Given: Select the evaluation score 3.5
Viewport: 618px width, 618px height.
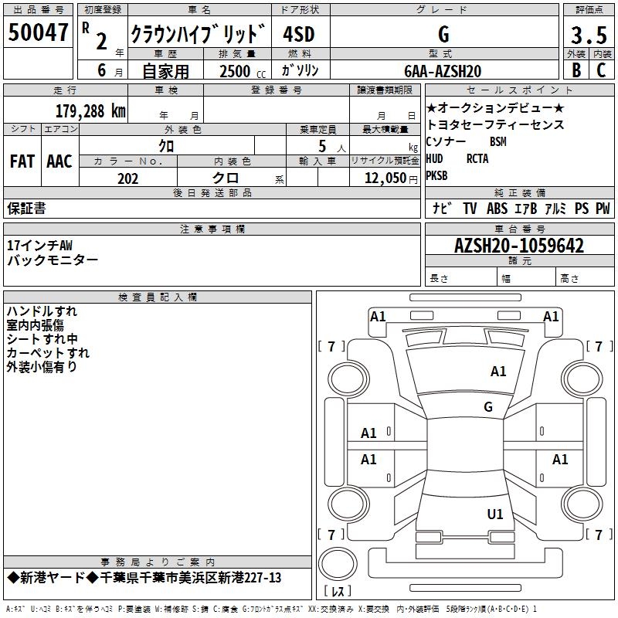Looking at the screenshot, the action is pyautogui.click(x=588, y=36).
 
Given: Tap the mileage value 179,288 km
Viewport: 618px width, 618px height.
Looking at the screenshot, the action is pyautogui.click(x=90, y=110).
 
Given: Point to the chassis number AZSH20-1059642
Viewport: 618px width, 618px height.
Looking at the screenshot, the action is pyautogui.click(x=519, y=246).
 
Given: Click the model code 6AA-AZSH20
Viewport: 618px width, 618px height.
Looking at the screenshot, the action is pyautogui.click(x=443, y=70).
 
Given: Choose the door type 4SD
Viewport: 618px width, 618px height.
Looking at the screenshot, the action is pyautogui.click(x=299, y=35).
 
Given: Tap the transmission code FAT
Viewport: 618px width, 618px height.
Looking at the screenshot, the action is pyautogui.click(x=22, y=161).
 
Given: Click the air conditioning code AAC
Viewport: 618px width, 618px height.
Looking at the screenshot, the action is pyautogui.click(x=59, y=161).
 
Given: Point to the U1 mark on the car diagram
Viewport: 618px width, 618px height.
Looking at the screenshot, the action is pyautogui.click(x=494, y=514).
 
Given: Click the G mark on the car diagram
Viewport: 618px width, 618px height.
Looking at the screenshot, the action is pyautogui.click(x=488, y=406).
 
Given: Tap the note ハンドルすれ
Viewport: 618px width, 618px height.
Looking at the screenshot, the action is pyautogui.click(x=42, y=311).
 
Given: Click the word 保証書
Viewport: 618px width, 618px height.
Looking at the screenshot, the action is pyautogui.click(x=26, y=208).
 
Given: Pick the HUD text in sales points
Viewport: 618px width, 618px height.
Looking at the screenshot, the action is pyautogui.click(x=435, y=159).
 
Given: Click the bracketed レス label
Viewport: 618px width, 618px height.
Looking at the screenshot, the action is pyautogui.click(x=341, y=592).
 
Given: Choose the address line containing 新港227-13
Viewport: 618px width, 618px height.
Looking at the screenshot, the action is pyautogui.click(x=144, y=578).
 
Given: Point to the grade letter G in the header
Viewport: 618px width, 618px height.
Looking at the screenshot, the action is pyautogui.click(x=443, y=35).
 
